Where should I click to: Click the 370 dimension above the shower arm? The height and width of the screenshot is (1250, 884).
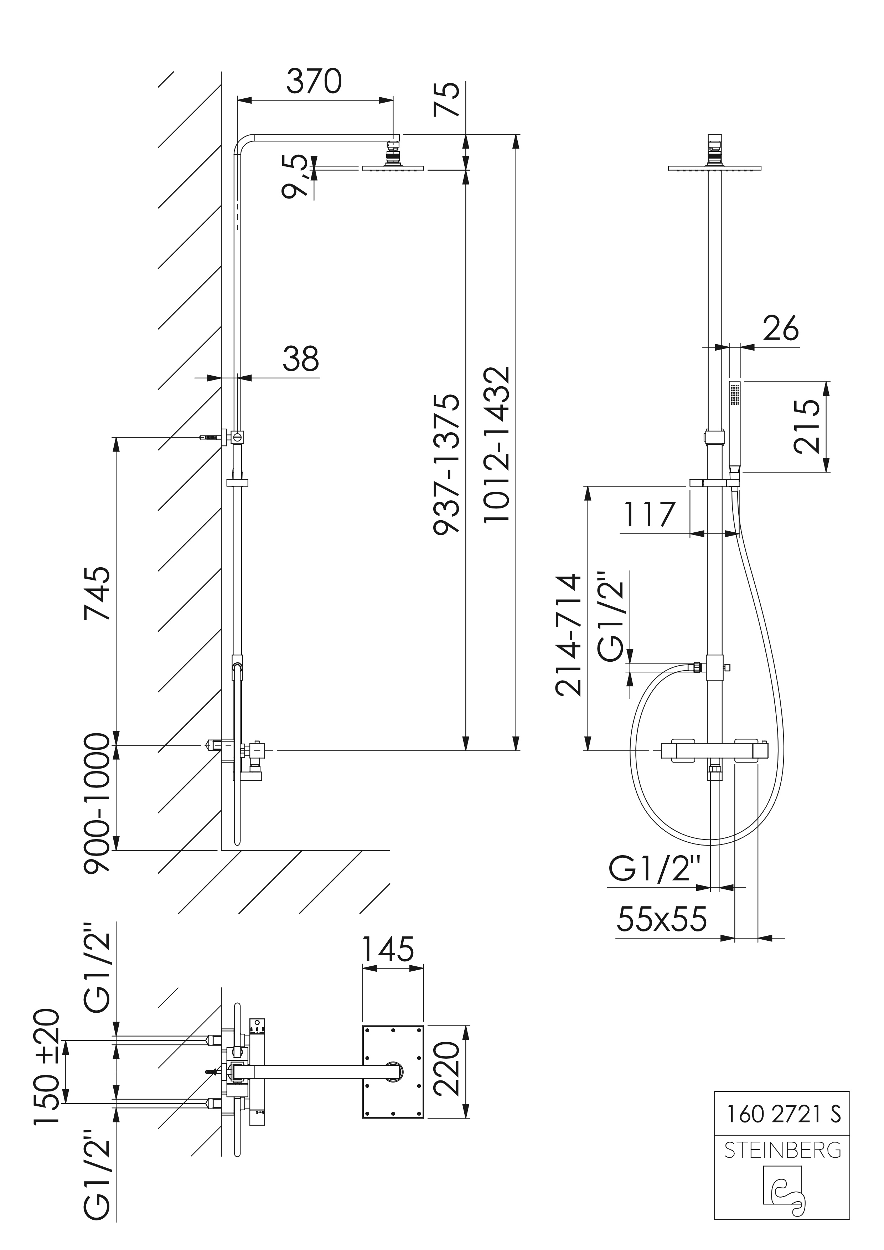[314, 81]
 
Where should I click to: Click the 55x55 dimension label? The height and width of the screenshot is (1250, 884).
[661, 919]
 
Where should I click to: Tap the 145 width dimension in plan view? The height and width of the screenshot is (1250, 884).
[388, 949]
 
